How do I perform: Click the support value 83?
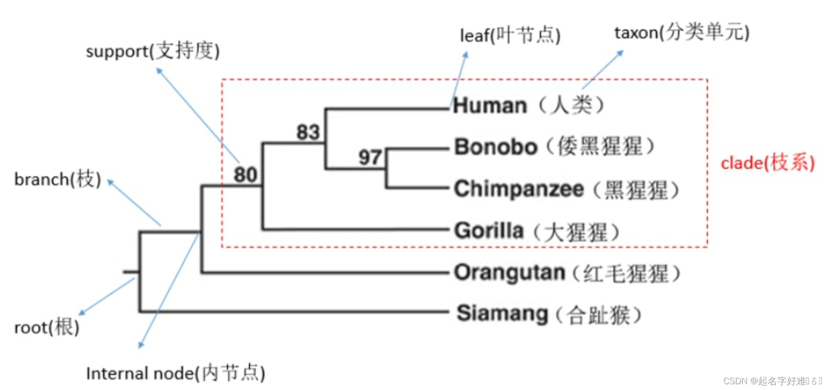pyautogui.click(x=308, y=132)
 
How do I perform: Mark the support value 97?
pyautogui.click(x=370, y=157)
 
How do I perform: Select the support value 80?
pyautogui.click(x=245, y=175)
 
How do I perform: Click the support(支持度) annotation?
pyautogui.click(x=152, y=51)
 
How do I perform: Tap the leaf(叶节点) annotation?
pyautogui.click(x=510, y=35)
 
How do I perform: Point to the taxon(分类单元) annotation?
pyautogui.click(x=681, y=33)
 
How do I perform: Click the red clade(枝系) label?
pyautogui.click(x=768, y=163)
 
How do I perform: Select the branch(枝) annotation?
pyautogui.click(x=58, y=179)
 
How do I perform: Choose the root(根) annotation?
pyautogui.click(x=47, y=328)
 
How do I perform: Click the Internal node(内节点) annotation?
pyautogui.click(x=175, y=373)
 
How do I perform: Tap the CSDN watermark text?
pyautogui.click(x=772, y=381)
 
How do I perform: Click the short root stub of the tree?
pyautogui.click(x=131, y=272)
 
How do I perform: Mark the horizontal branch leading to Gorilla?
pyautogui.click(x=355, y=229)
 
